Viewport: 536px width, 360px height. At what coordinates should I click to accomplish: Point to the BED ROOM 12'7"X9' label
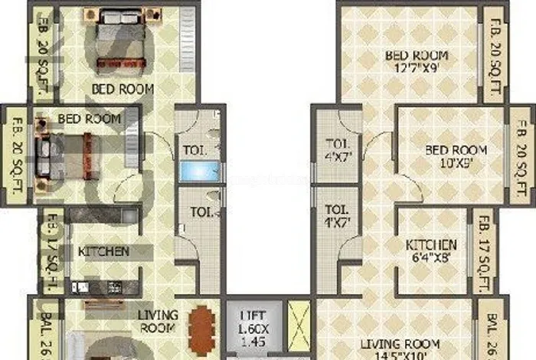(x=417, y=62)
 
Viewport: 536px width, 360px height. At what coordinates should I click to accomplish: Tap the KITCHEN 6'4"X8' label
(x=431, y=250)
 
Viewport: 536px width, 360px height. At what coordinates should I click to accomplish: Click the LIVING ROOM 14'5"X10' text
(x=402, y=349)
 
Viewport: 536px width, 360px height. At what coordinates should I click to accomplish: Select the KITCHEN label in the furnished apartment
(x=103, y=251)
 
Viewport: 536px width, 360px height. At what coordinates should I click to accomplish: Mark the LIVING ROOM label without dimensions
(x=158, y=321)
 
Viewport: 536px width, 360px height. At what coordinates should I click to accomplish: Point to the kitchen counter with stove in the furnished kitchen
(x=103, y=287)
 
